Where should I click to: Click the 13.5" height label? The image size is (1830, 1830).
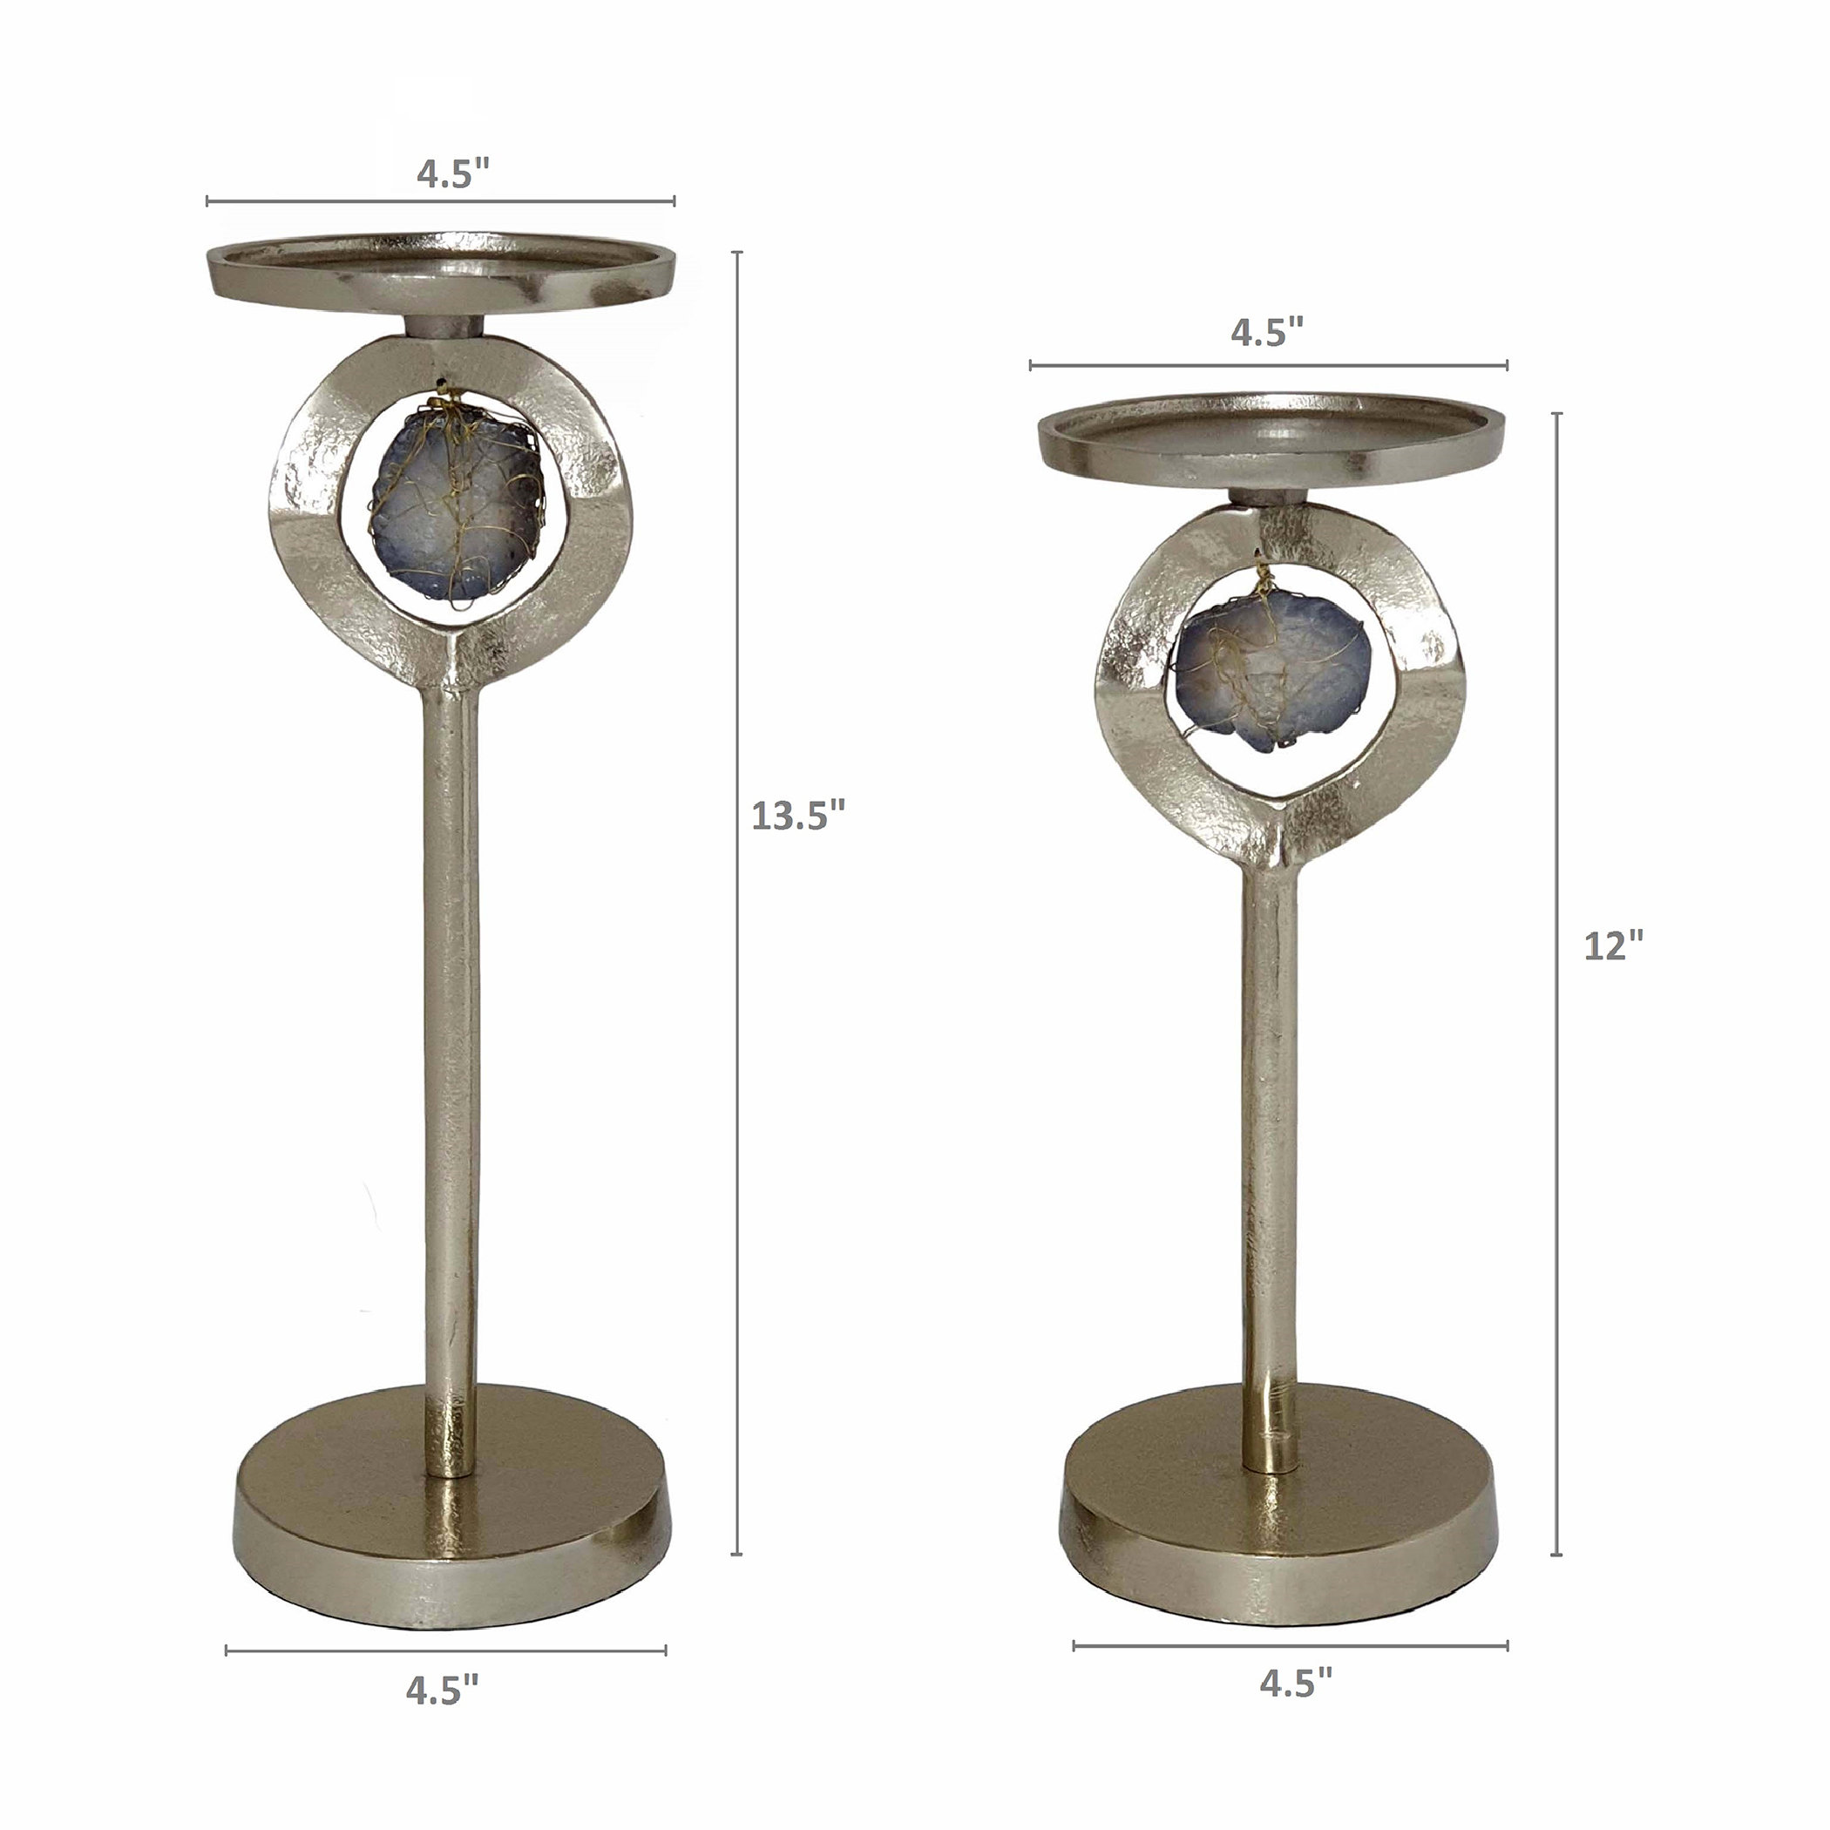796,815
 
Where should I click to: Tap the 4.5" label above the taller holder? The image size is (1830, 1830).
453,174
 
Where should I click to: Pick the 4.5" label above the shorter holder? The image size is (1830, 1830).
1267,333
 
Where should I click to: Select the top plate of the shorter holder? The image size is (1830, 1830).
1271,444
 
